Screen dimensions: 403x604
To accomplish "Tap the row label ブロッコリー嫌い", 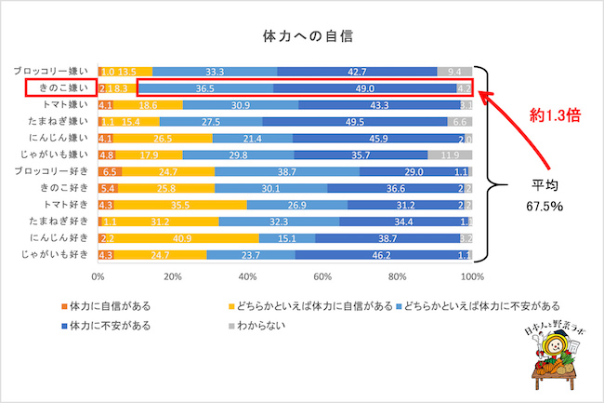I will pos(53,71).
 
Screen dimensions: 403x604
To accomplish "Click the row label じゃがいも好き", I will pos(53,254).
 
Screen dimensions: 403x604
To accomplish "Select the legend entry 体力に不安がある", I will pos(111,325).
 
